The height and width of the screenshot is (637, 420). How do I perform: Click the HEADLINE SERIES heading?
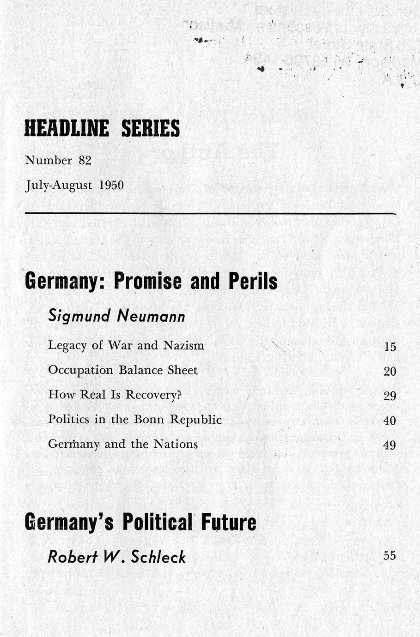click(x=102, y=128)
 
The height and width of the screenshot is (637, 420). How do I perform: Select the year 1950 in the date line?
click(x=111, y=186)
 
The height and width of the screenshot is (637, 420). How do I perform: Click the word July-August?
click(x=59, y=186)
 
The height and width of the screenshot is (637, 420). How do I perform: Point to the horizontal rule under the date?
click(x=210, y=214)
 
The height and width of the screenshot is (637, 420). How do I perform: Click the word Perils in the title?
click(x=253, y=281)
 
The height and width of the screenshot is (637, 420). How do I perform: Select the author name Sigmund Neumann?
click(x=116, y=316)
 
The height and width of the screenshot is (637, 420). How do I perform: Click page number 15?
click(x=390, y=347)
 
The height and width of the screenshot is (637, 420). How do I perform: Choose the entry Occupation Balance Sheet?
click(x=123, y=370)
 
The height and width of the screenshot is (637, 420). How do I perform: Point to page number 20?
click(x=390, y=371)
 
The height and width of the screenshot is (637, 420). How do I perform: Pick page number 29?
click(x=390, y=396)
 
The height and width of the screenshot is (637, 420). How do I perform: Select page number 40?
click(x=390, y=421)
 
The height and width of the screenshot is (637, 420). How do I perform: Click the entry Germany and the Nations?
click(x=123, y=444)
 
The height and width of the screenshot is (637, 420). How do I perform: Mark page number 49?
click(x=390, y=445)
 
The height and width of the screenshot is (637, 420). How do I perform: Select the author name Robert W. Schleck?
click(x=116, y=557)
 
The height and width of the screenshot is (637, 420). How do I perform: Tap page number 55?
click(x=390, y=555)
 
